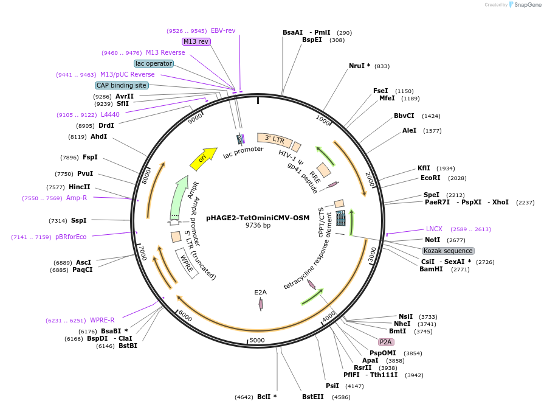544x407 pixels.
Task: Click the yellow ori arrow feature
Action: pyautogui.click(x=203, y=159)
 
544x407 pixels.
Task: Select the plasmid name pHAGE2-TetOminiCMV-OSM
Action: pyautogui.click(x=258, y=217)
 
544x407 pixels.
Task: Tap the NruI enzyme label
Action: pyautogui.click(x=359, y=66)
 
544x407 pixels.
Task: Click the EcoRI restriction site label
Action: pyautogui.click(x=430, y=178)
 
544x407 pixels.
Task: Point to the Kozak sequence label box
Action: pyautogui.click(x=448, y=251)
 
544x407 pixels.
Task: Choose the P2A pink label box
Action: pyautogui.click(x=386, y=342)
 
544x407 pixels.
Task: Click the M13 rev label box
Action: pyautogui.click(x=196, y=41)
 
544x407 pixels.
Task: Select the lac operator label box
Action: pyautogui.click(x=154, y=63)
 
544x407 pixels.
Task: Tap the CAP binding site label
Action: pyautogui.click(x=122, y=86)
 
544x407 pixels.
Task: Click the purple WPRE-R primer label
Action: pyautogui.click(x=102, y=320)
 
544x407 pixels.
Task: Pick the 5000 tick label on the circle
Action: pyautogui.click(x=257, y=340)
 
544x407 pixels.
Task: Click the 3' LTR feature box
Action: pyautogui.click(x=274, y=139)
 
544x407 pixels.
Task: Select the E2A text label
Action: pyautogui.click(x=260, y=293)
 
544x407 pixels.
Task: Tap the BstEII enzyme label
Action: pyautogui.click(x=313, y=397)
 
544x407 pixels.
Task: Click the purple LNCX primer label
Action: pyautogui.click(x=434, y=229)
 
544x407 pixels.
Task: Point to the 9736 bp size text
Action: pyautogui.click(x=258, y=226)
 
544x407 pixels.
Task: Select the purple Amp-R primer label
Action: pyautogui.click(x=77, y=198)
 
